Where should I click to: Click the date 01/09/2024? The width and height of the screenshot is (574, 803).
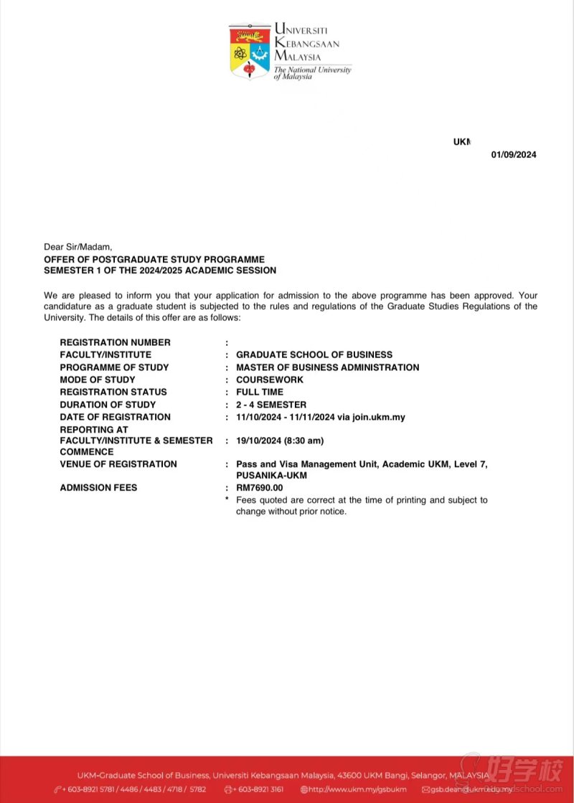514,155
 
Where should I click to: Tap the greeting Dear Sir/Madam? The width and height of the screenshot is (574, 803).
78,247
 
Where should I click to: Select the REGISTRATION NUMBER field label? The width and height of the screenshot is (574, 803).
115,342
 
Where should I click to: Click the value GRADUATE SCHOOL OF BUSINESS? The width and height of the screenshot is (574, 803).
314,354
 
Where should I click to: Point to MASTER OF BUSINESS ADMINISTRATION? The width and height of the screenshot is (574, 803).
328,367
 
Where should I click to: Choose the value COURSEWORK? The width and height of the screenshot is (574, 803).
270,380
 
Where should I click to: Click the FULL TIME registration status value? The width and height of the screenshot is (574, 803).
260,392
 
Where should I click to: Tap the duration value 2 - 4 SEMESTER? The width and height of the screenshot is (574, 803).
271,405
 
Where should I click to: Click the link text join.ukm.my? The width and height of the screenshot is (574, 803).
379,417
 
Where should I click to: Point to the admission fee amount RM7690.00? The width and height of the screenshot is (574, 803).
260,488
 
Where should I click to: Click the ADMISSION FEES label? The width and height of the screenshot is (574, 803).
98,488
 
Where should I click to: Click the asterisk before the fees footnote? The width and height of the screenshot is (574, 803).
227,499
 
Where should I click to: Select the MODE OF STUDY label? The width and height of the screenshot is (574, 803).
98,380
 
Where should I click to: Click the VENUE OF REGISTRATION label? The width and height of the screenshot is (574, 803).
118,464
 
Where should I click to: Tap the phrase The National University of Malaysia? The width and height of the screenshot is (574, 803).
312,73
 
